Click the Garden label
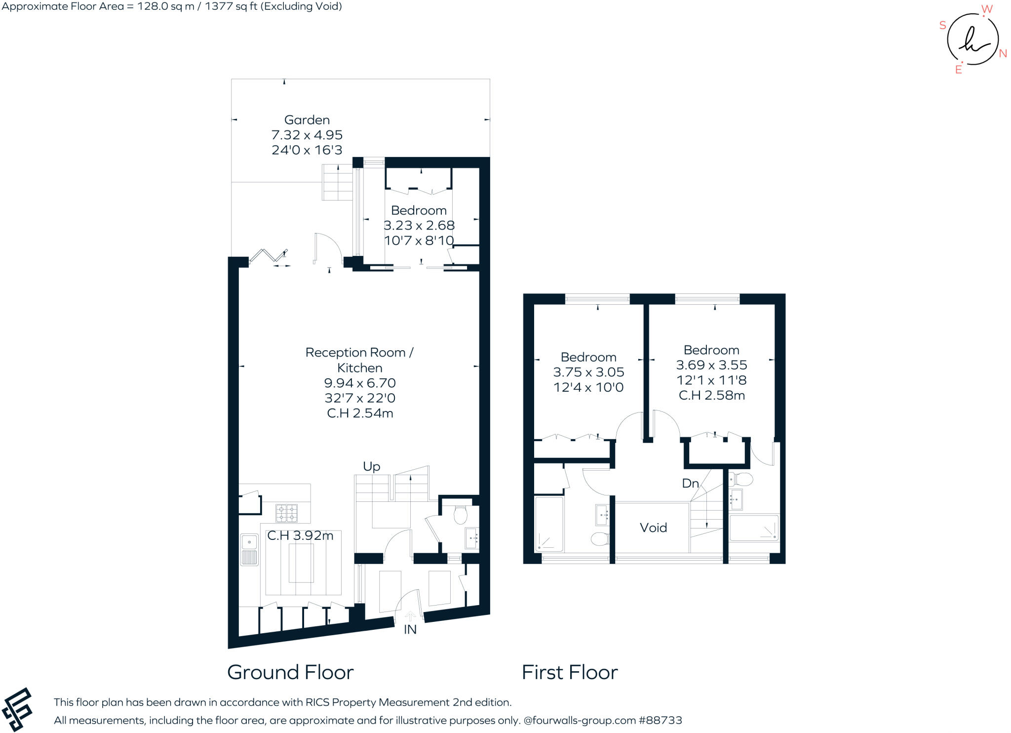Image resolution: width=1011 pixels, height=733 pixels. [307, 120]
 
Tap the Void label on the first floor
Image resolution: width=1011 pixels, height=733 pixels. [653, 528]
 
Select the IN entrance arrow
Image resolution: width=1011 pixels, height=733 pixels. [410, 616]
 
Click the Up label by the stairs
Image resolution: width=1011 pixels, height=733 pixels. [371, 466]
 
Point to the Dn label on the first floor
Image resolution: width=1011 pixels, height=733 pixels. [690, 483]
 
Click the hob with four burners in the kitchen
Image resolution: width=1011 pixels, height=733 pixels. [286, 513]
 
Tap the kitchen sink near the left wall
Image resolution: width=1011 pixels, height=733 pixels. [249, 549]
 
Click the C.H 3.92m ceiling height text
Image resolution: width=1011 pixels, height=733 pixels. [300, 535]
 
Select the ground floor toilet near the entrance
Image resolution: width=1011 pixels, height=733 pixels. [460, 515]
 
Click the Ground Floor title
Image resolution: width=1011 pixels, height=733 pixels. [290, 672]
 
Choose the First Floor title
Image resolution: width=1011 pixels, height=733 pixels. [570, 672]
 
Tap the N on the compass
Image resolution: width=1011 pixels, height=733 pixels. [1003, 54]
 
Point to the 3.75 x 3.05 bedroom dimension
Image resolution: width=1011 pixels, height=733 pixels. [588, 372]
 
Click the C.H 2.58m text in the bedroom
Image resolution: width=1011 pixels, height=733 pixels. [711, 395]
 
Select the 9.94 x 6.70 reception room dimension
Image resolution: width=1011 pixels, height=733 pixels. [360, 383]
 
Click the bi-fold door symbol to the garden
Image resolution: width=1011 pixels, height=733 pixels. [268, 256]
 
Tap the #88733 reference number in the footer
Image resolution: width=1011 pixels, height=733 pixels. [660, 720]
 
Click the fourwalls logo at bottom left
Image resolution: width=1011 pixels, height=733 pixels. [17, 709]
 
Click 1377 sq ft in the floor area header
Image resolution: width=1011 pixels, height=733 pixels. [231, 6]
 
